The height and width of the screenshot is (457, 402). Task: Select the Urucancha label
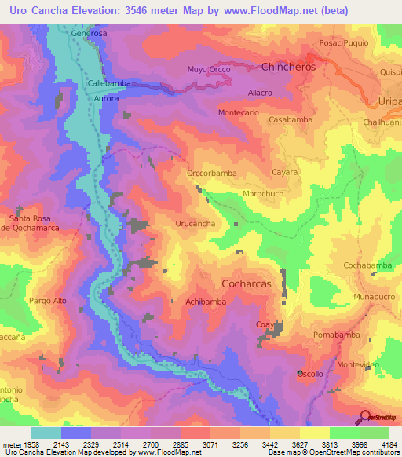click(195, 224)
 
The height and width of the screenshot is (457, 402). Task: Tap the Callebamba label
click(108, 82)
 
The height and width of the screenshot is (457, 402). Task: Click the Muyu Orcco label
click(207, 70)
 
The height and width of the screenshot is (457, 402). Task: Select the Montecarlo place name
click(239, 113)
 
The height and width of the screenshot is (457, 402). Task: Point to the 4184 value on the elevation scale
click(387, 444)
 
